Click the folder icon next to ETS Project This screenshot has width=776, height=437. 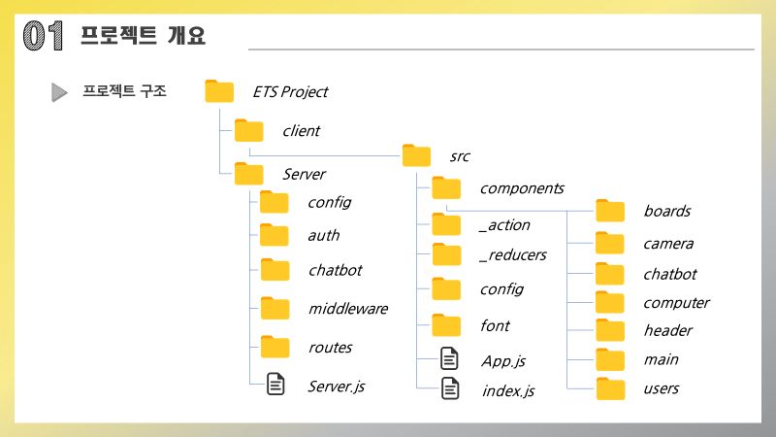tap(220, 91)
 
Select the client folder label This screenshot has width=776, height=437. tap(301, 130)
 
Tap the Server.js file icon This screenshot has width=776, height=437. tap(275, 385)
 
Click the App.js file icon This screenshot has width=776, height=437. tap(448, 359)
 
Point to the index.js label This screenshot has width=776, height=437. tap(507, 390)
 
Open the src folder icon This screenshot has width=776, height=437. tap(416, 155)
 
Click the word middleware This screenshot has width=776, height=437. tap(347, 309)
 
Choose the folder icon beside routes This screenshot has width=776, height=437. tap(275, 346)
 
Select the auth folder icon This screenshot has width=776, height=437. tap(275, 235)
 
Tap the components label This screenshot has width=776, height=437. tap(521, 188)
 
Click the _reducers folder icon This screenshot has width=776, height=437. tap(446, 254)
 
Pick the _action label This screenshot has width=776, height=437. tap(504, 224)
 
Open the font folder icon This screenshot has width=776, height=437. tap(446, 324)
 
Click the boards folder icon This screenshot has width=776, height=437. tap(610, 211)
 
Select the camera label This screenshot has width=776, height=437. tap(668, 244)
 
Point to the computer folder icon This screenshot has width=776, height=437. tap(610, 302)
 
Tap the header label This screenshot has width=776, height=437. tap(667, 330)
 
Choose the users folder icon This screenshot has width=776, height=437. tap(610, 388)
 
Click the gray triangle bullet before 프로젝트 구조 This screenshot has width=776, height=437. tap(59, 92)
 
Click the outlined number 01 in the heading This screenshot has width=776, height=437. tap(43, 36)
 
